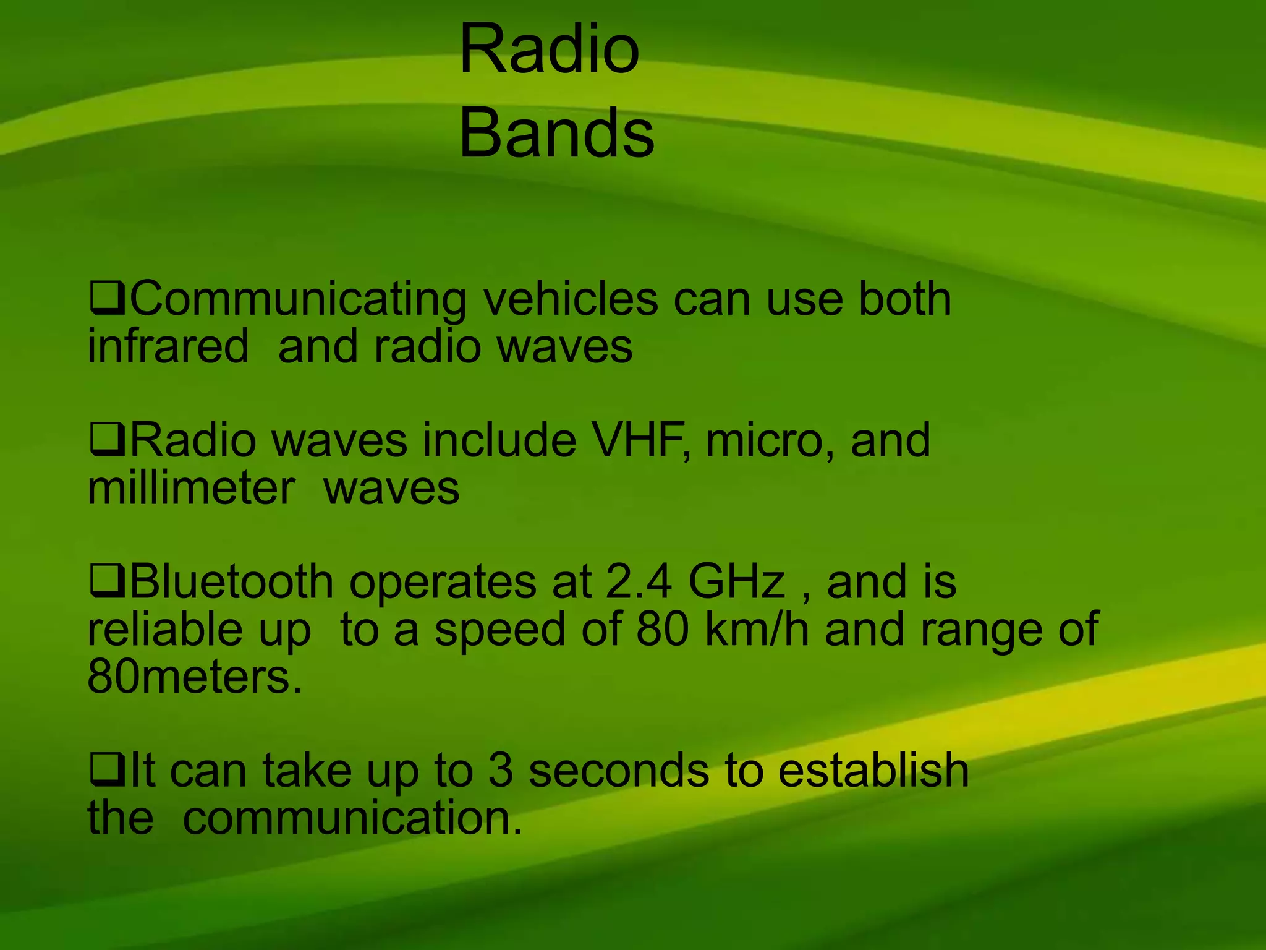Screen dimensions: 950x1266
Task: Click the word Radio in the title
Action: (x=549, y=49)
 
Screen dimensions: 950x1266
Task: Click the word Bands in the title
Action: (x=556, y=133)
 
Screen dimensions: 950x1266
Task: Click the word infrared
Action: (x=168, y=346)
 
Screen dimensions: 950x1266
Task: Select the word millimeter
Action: (x=191, y=489)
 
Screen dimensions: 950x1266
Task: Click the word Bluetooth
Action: (x=231, y=583)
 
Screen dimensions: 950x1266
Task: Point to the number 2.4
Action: (x=639, y=583)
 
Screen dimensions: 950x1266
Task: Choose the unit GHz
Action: (x=736, y=583)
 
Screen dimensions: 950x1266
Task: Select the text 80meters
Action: (x=195, y=677)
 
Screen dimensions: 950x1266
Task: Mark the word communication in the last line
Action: (x=352, y=818)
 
